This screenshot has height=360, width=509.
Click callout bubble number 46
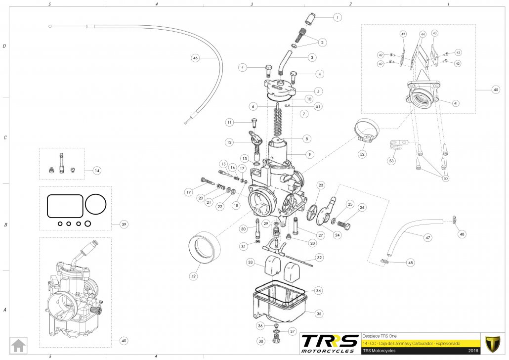[195, 58]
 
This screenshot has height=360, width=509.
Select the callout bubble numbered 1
[337, 17]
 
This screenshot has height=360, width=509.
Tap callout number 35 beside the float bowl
[319, 313]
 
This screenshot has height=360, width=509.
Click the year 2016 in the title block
[473, 351]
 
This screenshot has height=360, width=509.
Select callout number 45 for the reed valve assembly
[496, 90]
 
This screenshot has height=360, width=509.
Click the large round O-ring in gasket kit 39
[96, 204]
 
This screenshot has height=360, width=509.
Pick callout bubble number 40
[124, 340]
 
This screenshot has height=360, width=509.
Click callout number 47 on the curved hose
[428, 238]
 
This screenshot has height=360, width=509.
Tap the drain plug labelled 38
[276, 341]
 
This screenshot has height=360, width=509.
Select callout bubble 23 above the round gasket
[321, 185]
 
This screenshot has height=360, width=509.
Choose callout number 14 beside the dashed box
[97, 170]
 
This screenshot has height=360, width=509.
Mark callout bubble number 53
[392, 161]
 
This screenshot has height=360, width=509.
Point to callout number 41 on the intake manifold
[455, 103]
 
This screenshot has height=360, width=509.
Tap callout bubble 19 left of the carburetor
[188, 192]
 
